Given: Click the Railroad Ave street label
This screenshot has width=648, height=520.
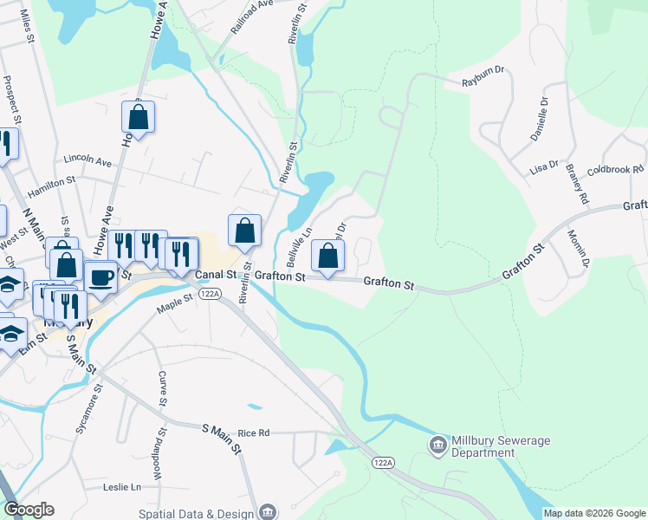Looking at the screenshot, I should pyautogui.click(x=252, y=16).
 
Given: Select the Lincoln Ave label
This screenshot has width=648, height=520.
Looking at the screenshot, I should pyautogui.click(x=87, y=161).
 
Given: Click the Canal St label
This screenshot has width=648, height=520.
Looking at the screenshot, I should pyautogui.click(x=215, y=275).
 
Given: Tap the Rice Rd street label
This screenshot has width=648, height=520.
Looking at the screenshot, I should pyautogui.click(x=254, y=432).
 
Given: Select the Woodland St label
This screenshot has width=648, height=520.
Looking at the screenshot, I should pyautogui.click(x=159, y=443).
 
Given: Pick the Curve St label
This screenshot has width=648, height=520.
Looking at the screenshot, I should pyautogui.click(x=161, y=389).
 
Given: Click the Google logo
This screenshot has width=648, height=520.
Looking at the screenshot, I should pyautogui.click(x=29, y=510).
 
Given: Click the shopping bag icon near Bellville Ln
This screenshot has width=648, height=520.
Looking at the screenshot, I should pyautogui.click(x=327, y=255).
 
